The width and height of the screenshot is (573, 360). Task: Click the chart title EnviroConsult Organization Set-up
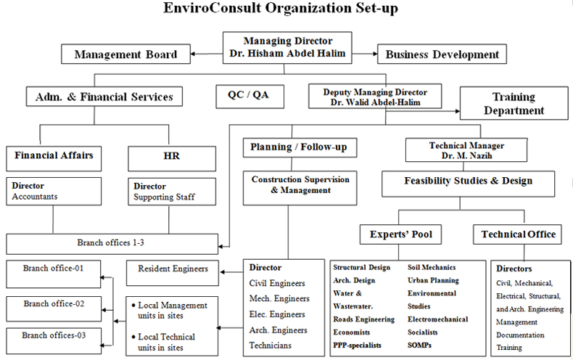pos(280,8)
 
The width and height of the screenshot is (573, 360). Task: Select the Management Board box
pos(125,54)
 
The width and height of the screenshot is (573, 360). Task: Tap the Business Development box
pos(442,54)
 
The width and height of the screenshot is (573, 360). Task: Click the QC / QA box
pos(250,97)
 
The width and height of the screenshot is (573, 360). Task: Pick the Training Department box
pos(514,103)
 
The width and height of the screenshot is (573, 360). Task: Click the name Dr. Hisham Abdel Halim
pos(287,54)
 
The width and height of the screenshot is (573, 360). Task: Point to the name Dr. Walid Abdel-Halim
pos(375,102)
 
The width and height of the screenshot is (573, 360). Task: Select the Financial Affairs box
pos(54,158)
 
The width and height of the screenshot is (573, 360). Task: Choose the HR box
pos(172,158)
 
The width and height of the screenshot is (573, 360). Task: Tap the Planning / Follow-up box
pos(300,147)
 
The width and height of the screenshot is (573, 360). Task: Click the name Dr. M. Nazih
pos(466,155)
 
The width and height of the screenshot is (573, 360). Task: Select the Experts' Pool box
pos(400,234)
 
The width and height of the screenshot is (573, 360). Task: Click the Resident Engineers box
pos(173,273)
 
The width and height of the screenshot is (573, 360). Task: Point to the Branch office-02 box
pos(54,308)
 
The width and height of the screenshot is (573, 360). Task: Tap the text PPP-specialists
pos(357,345)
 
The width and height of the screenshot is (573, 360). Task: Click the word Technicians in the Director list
pos(270,345)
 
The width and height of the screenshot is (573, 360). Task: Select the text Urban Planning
pos(433,280)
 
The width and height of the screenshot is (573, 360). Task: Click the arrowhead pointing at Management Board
pos(194,54)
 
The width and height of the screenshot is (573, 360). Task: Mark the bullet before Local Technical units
pos(133,337)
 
